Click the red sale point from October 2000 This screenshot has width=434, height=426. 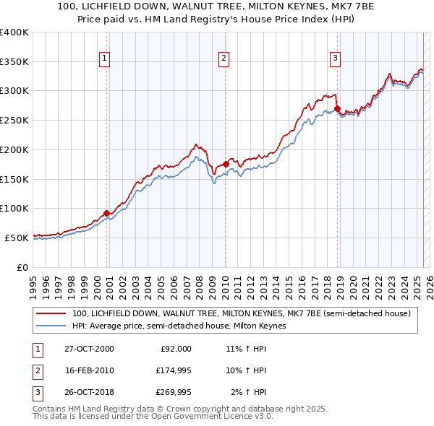coord(107,213)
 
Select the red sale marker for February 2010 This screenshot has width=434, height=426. coord(226,164)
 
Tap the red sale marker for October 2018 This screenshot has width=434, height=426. coord(338,108)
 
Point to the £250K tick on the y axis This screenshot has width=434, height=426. coord(14,120)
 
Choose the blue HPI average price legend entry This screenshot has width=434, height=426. coord(179,326)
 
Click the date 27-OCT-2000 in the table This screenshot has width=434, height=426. coord(89,349)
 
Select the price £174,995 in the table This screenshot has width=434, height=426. coord(171,370)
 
